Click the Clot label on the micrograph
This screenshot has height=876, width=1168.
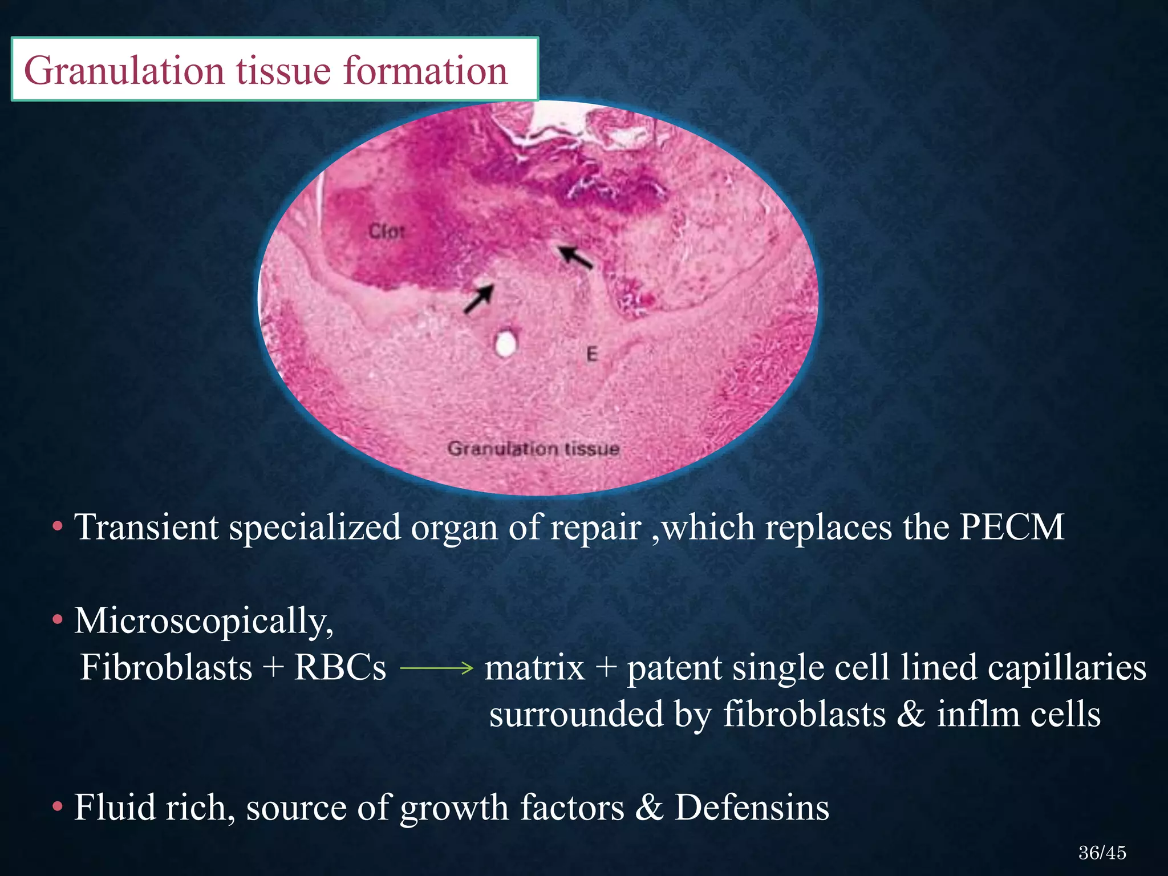(387, 232)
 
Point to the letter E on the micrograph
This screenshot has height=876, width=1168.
(592, 354)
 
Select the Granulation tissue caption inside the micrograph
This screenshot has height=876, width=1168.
(533, 449)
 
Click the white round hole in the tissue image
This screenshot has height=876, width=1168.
(505, 344)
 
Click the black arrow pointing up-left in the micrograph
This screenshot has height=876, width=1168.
(575, 257)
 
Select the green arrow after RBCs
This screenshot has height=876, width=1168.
(436, 667)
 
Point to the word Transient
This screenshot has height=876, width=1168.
(147, 526)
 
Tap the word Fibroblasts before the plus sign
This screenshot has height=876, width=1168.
(166, 667)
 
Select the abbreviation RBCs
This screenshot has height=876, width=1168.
(340, 667)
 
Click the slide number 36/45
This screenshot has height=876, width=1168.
(1102, 853)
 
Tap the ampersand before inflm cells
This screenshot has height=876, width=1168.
(911, 715)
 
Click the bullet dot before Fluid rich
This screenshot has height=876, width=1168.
(57, 807)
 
